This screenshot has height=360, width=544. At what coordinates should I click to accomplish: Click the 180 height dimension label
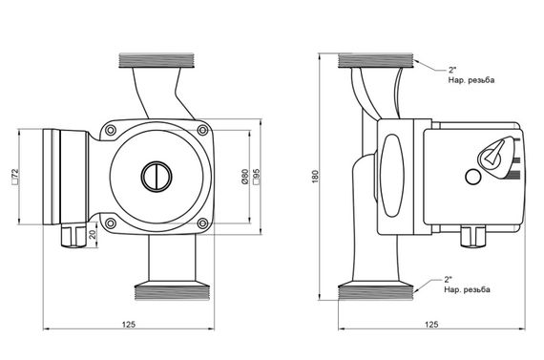click(315, 177)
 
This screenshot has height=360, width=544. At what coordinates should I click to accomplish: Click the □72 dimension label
click(15, 177)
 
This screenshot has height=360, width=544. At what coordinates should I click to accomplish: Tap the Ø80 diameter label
click(245, 177)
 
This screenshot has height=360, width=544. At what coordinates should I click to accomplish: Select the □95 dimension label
click(257, 177)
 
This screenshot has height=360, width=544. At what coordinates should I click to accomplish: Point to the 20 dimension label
click(93, 235)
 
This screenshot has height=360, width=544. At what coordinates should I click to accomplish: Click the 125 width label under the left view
click(129, 325)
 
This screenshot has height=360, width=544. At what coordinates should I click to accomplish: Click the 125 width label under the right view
click(431, 325)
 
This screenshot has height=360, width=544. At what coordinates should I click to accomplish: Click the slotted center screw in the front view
click(157, 177)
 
